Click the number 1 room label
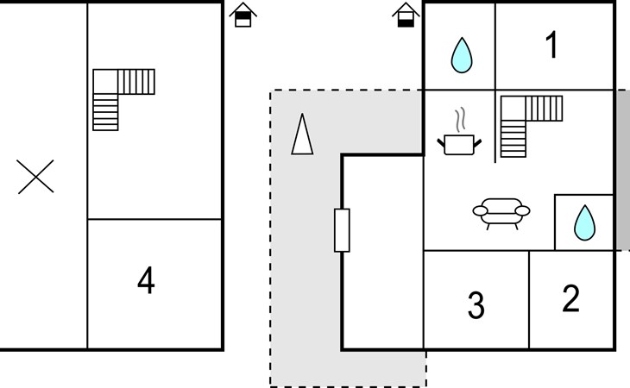coord(552,45)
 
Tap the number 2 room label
coord(571,298)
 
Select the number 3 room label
coord(476,305)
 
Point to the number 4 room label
coord(146,280)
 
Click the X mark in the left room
coord(35,177)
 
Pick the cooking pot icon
coord(459,145)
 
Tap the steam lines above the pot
coord(461,119)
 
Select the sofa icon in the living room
coord(501,214)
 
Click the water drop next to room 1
coord(462,55)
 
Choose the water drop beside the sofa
coord(584,223)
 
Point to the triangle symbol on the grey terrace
coord(302,134)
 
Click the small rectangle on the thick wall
coord(342,230)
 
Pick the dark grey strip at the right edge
coord(623,170)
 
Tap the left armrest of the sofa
coord(480,210)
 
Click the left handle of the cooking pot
coord(441,142)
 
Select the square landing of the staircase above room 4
coord(105,82)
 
